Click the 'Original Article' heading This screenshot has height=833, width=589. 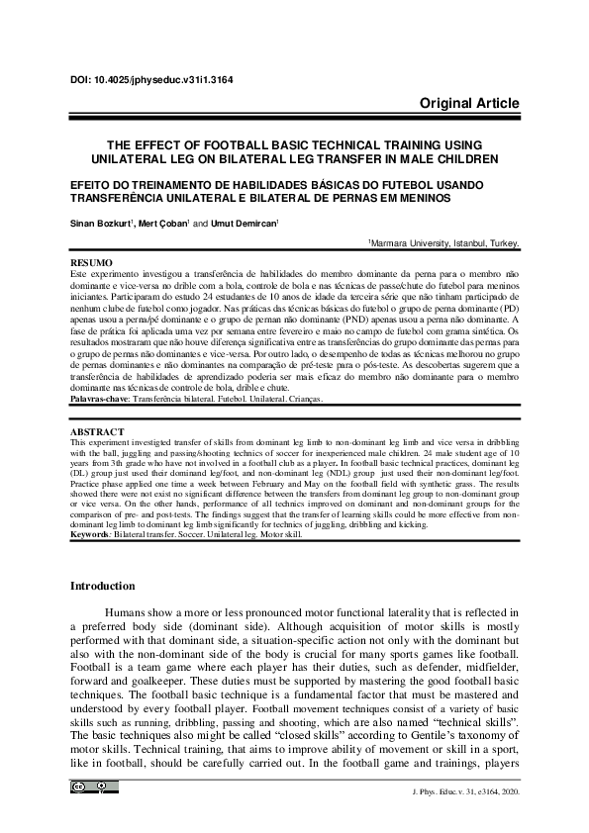469,104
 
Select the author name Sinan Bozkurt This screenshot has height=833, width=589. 101,224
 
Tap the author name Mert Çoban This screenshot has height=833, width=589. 164,224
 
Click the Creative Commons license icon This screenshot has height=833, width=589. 93,787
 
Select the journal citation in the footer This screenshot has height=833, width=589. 464,792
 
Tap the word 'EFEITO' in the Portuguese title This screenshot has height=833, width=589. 96,184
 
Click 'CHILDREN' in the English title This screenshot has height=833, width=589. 466,158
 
